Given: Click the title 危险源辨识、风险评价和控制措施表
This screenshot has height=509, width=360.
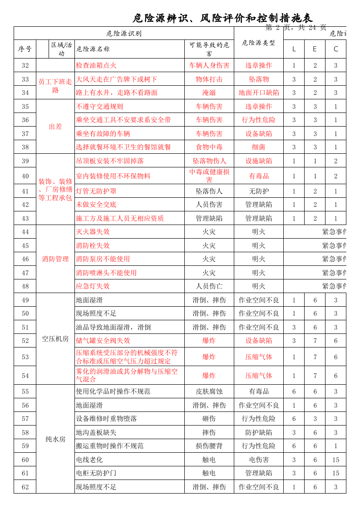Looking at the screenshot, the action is (x=222, y=18).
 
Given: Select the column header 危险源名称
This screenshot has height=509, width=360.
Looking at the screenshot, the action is (x=93, y=49).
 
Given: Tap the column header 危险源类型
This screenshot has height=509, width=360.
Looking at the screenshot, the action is (x=259, y=43).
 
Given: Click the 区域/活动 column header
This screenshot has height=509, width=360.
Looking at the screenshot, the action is (x=61, y=49).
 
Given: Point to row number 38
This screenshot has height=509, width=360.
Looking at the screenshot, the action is (x=25, y=147).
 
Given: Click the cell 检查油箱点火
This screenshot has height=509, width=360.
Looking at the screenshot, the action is (x=96, y=65).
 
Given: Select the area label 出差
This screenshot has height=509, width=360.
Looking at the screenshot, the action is (x=55, y=127).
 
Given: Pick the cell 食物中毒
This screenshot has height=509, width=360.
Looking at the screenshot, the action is (x=209, y=147).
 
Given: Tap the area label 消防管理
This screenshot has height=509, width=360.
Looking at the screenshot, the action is (x=55, y=259).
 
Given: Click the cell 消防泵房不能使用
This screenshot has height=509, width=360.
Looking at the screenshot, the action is (x=103, y=259).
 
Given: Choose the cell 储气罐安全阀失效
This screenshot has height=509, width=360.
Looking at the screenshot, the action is (x=103, y=341).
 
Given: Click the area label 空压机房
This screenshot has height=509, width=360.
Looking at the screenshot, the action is (x=55, y=339).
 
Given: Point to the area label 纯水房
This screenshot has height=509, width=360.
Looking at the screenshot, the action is (x=55, y=439).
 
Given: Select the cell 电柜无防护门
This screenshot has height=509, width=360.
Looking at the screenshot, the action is (x=96, y=473).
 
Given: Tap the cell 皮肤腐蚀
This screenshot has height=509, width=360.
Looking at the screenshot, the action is (x=209, y=392).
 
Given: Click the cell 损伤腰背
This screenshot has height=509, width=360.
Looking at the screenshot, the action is (x=209, y=446).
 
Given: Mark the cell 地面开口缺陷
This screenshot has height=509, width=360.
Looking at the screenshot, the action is (x=259, y=93).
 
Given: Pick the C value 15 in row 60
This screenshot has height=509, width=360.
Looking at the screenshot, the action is (x=335, y=460).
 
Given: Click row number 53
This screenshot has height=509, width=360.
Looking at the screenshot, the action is (x=25, y=357).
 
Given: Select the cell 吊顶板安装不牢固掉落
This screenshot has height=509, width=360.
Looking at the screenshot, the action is (x=110, y=161).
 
